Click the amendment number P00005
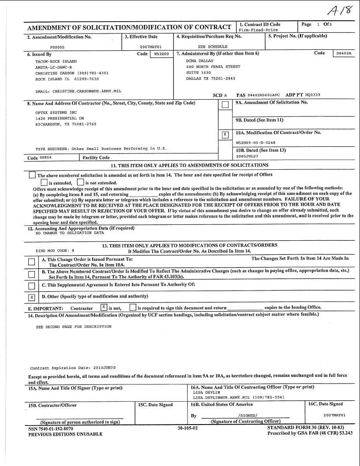click(x=57, y=46)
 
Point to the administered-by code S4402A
click(x=344, y=54)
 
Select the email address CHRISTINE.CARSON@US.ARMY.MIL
click(x=78, y=91)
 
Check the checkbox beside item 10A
click(x=225, y=134)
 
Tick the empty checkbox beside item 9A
click(x=225, y=105)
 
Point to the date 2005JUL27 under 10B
click(x=247, y=156)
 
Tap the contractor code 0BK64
click(x=46, y=157)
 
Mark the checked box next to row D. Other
click(x=32, y=297)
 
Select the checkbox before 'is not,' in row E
click(x=104, y=307)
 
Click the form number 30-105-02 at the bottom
click(x=187, y=428)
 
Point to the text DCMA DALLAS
click(x=199, y=61)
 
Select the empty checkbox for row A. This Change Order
click(x=32, y=262)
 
